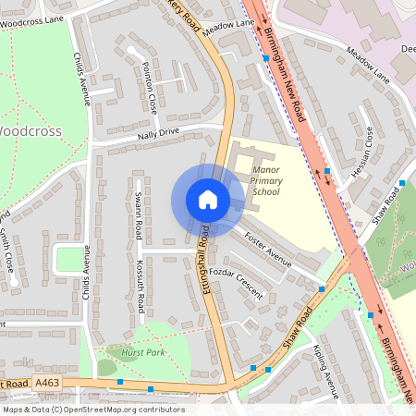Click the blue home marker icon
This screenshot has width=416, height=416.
pyautogui.click(x=208, y=200)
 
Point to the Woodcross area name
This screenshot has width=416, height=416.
pyautogui.click(x=30, y=130)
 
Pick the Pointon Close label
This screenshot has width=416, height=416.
pyautogui.click(x=150, y=88)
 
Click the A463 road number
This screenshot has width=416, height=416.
pyautogui.click(x=49, y=381)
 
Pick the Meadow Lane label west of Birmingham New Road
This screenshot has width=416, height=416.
pyautogui.click(x=230, y=26)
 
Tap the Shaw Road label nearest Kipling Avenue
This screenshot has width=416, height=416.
pyautogui.click(x=293, y=331)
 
